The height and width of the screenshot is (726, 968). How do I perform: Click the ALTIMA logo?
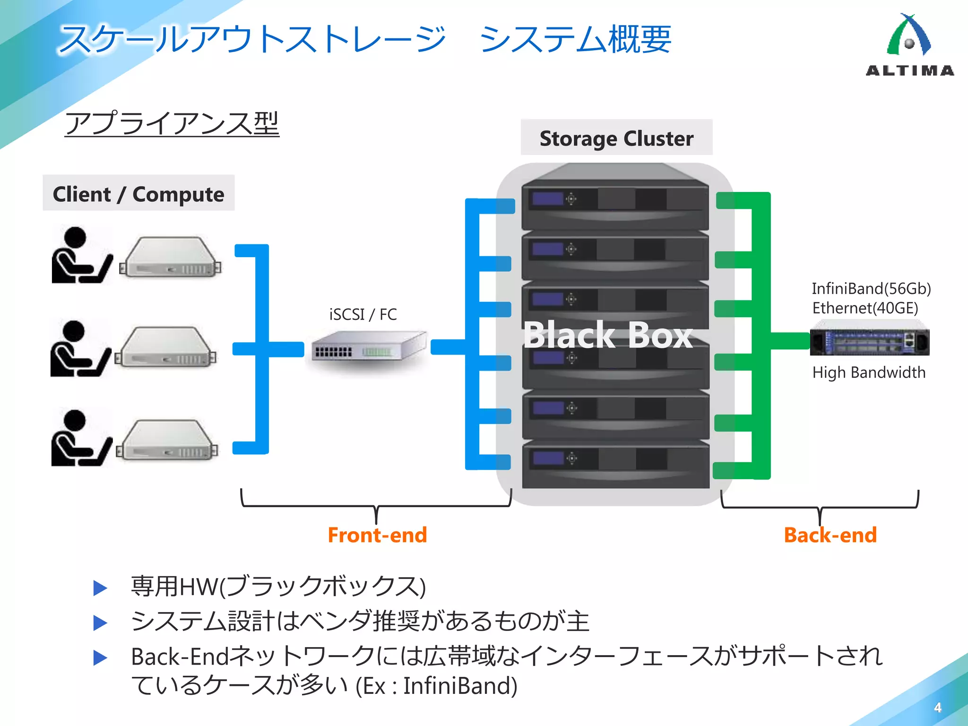pos(909,45)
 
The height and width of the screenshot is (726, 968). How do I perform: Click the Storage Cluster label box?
pos(616,138)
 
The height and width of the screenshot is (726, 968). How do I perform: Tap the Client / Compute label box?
pos(138,193)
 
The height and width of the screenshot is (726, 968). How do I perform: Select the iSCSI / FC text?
pos(363,314)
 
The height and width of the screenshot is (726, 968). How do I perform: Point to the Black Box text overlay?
pos(608,335)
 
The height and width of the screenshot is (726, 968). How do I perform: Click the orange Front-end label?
pos(377,535)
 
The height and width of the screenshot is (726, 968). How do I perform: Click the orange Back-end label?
pos(830,535)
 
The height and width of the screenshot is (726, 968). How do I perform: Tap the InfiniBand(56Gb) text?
pos(871,288)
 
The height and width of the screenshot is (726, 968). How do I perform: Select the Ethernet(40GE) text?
pos(865,308)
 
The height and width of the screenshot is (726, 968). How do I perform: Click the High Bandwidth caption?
pos(869,372)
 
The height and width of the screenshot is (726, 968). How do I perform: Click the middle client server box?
pos(166,347)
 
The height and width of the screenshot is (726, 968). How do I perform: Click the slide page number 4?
pos(938,708)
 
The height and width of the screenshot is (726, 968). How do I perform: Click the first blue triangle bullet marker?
pos(100,588)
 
